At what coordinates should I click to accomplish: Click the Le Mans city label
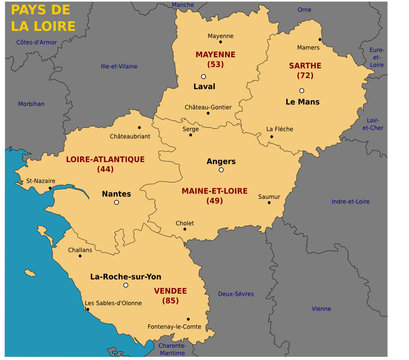301,102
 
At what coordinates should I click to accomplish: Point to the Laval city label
205,86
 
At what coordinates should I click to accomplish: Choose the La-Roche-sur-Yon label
126,276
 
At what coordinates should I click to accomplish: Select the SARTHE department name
304,64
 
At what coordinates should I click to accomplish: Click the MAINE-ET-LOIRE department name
214,188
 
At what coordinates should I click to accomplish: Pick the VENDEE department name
170,290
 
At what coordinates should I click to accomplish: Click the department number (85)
170,301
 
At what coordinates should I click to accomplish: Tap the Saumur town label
269,197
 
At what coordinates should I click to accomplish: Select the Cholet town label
185,223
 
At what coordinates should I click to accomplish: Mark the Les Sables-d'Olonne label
113,303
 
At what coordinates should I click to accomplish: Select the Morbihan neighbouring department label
31,103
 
